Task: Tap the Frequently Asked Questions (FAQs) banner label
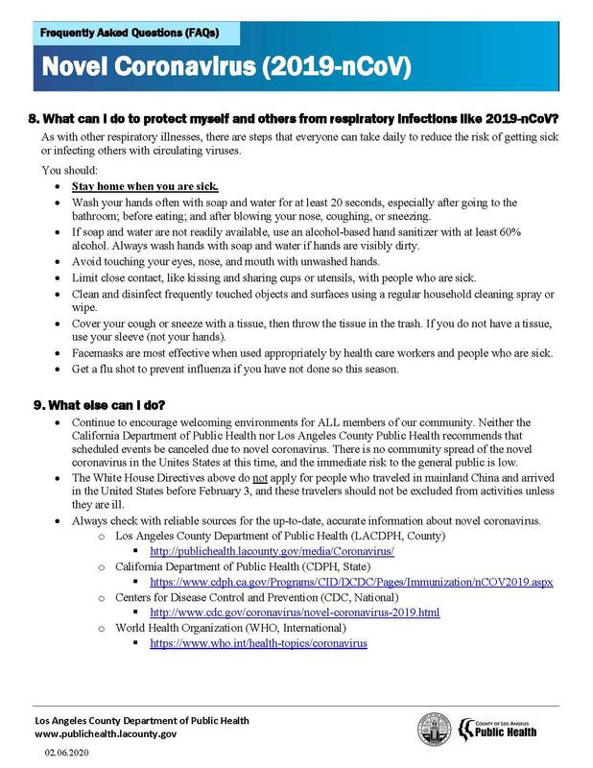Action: point(130,33)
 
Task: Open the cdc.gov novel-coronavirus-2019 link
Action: point(295,611)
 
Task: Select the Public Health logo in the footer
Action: point(513,731)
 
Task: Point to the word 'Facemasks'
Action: point(99,353)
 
